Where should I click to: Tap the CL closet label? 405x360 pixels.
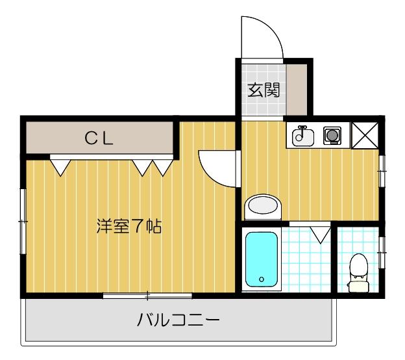pyautogui.click(x=99, y=138)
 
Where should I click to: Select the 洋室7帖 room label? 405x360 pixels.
pyautogui.click(x=129, y=227)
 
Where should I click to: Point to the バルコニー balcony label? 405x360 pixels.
pyautogui.click(x=178, y=320)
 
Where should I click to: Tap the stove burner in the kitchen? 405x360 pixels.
pyautogui.click(x=332, y=136)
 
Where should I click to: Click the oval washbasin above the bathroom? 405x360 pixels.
pyautogui.click(x=263, y=207)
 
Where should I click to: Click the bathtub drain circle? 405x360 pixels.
pyautogui.click(x=262, y=279)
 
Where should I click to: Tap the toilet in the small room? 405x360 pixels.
pyautogui.click(x=358, y=272)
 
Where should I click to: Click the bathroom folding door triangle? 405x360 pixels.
pyautogui.click(x=319, y=233)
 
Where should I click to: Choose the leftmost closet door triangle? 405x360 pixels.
pyautogui.click(x=60, y=167)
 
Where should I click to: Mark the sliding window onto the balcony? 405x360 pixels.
pyautogui.click(x=147, y=296)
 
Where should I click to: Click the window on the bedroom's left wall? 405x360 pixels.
pyautogui.click(x=23, y=222)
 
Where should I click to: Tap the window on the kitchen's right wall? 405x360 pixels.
pyautogui.click(x=382, y=170)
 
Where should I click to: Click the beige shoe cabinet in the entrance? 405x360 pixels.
pyautogui.click(x=296, y=88)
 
